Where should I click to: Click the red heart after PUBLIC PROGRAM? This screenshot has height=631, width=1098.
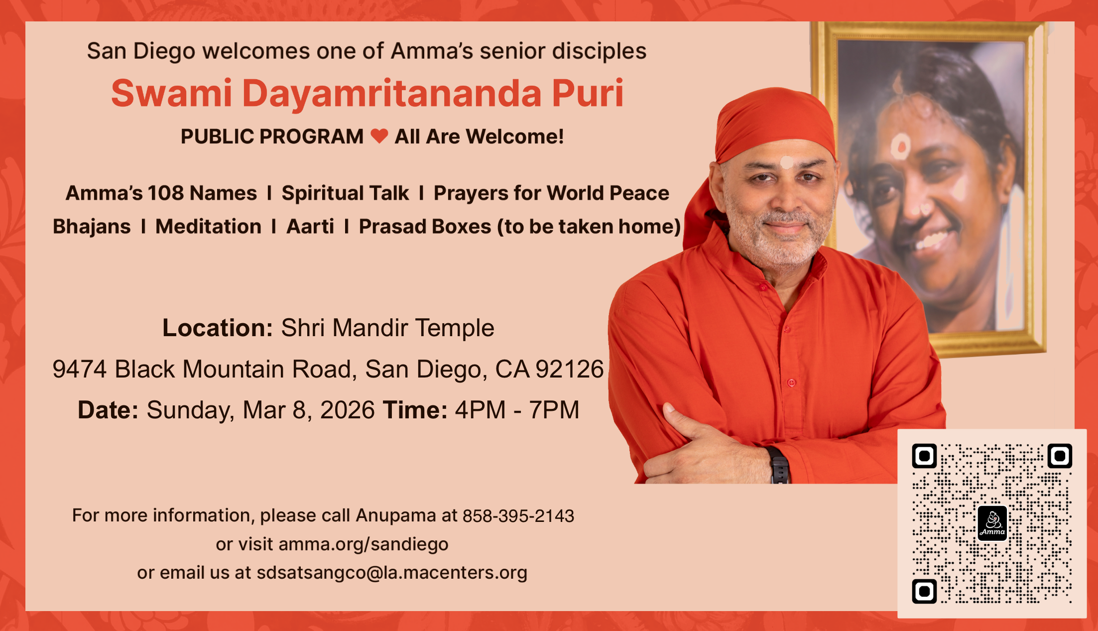point(379,136)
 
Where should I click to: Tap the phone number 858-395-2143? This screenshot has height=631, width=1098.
point(518,516)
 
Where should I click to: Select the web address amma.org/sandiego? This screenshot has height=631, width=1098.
point(364,544)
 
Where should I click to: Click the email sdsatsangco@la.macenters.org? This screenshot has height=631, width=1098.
point(392,573)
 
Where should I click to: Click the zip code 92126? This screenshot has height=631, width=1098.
point(570,369)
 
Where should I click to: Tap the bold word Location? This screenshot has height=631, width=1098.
point(218,328)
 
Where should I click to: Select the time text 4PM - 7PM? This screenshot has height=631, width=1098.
point(517,410)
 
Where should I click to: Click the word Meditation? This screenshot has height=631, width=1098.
point(208,227)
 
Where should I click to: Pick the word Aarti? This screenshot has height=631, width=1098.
point(310,227)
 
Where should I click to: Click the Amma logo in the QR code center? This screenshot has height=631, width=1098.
point(992,523)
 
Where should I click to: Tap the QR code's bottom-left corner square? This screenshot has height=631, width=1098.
point(924,591)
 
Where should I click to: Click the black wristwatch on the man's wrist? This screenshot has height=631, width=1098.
point(779,466)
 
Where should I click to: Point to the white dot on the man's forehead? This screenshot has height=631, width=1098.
point(787,162)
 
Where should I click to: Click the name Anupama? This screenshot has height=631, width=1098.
point(396,515)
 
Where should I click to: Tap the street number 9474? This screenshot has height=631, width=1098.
point(80,369)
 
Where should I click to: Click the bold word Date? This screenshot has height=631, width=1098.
point(108,410)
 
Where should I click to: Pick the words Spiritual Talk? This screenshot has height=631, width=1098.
point(345,193)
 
